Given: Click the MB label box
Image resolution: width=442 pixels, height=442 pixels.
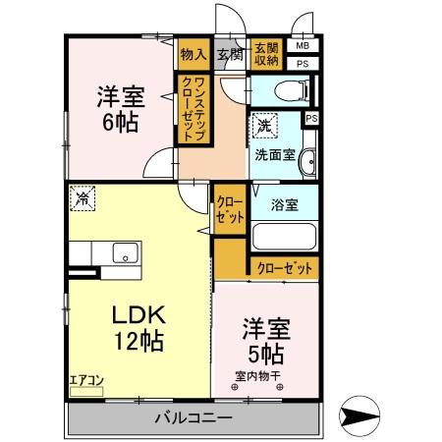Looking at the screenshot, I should [303, 45].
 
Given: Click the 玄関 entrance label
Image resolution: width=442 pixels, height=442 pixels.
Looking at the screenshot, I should [230, 55].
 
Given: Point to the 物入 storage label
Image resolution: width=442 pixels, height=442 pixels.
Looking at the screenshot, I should [193, 55].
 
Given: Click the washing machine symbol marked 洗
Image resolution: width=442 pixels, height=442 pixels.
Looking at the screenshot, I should [263, 126].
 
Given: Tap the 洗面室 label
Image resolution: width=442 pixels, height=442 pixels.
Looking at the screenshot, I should [274, 154].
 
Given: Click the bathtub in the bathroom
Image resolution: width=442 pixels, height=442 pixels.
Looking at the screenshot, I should [283, 237].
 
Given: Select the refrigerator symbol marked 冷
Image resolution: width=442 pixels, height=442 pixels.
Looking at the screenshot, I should [83, 198].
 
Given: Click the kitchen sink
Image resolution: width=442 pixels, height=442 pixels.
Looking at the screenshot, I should [125, 252].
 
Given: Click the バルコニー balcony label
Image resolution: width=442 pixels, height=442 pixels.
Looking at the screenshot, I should [193, 417].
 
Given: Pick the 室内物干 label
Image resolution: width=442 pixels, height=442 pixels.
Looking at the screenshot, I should [257, 374].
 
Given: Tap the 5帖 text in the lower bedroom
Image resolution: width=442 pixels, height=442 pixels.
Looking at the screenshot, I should [265, 352].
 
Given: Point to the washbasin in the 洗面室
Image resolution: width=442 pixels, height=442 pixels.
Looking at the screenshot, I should [306, 162].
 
